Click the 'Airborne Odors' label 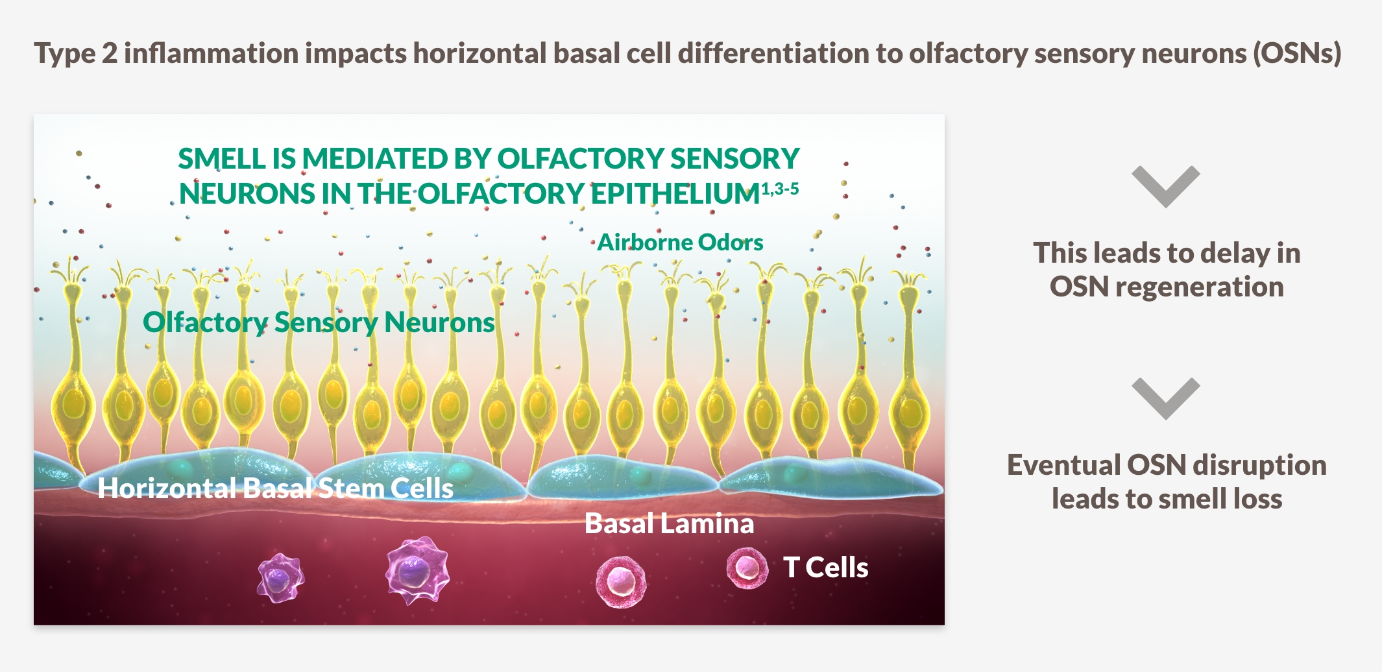pos(680,242)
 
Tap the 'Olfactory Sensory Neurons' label pos(319,322)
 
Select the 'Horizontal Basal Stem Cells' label pos(275,488)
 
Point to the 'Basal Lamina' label pos(669,523)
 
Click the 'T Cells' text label pos(825,568)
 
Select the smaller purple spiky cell pos(280,577)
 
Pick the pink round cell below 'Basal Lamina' pos(621,581)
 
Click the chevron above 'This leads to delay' pos(1166,186)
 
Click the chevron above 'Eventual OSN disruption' pos(1166,398)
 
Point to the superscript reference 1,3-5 pos(780,189)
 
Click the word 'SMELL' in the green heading pos(221,159)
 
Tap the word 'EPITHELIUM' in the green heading pos(675,194)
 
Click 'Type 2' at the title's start pos(75,53)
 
